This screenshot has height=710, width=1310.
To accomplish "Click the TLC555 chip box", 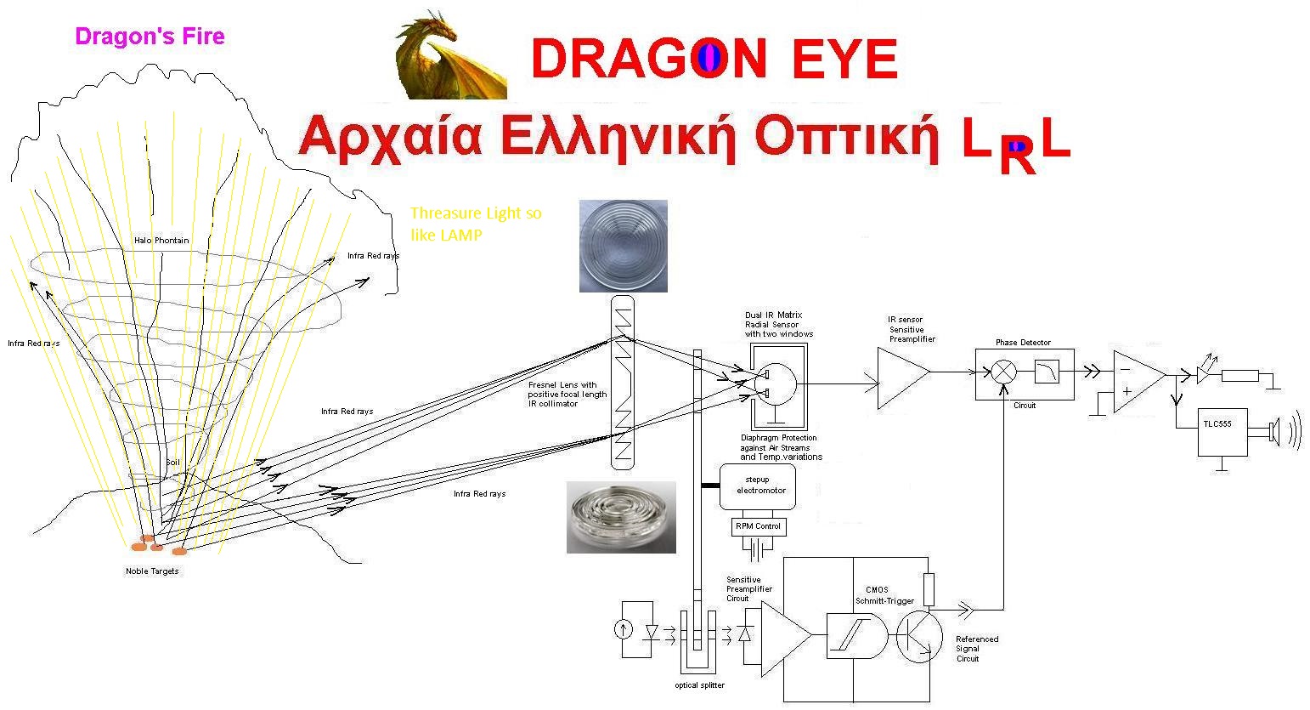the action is point(1222,432).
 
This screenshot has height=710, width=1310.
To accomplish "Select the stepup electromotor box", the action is point(757,486).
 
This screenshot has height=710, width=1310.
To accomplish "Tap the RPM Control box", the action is point(759,527).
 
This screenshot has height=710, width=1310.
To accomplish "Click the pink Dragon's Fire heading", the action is point(150,37).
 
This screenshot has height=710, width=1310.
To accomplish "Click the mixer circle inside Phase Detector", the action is point(1004,372).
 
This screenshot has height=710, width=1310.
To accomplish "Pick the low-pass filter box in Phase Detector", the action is point(1047,372).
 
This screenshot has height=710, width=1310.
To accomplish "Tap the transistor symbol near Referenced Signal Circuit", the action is point(918,636).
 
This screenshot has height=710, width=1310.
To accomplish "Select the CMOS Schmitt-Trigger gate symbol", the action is point(856,636).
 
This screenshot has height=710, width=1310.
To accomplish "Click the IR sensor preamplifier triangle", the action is point(903,378).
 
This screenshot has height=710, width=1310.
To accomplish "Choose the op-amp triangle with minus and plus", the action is point(1139,382).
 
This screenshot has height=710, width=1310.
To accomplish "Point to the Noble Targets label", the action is point(152,571).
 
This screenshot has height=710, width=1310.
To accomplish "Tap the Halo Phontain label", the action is point(161,241).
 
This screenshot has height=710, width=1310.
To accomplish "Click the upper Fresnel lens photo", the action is point(624,246).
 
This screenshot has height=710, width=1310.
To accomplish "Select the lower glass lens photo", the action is point(621,518).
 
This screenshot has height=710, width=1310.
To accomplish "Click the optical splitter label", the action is point(699,685).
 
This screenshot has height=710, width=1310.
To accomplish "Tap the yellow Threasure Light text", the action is point(476,224).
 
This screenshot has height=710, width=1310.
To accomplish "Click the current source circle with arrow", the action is point(624,630).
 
